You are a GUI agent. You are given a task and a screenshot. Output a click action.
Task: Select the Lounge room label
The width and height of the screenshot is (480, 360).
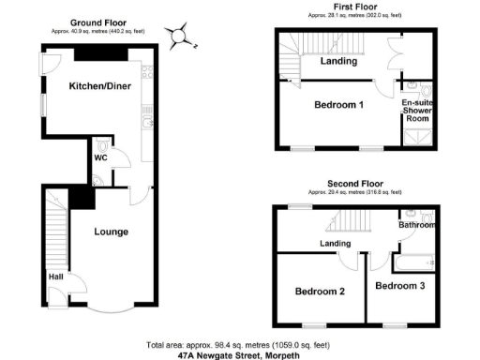click(112, 232)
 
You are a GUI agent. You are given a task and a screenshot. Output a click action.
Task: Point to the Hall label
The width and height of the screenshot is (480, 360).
click(56, 277)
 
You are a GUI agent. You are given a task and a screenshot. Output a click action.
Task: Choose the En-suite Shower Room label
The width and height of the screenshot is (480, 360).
click(417, 111)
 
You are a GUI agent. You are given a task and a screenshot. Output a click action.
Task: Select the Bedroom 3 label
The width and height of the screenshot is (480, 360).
click(401, 284)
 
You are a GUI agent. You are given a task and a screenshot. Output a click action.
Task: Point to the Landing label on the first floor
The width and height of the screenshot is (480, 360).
click(337, 62)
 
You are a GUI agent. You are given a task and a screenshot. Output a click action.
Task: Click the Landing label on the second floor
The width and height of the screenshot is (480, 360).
click(335, 245)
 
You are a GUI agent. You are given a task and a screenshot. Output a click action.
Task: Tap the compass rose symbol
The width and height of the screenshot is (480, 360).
click(181, 37)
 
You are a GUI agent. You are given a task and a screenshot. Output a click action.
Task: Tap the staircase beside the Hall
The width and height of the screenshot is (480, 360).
click(52, 233)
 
